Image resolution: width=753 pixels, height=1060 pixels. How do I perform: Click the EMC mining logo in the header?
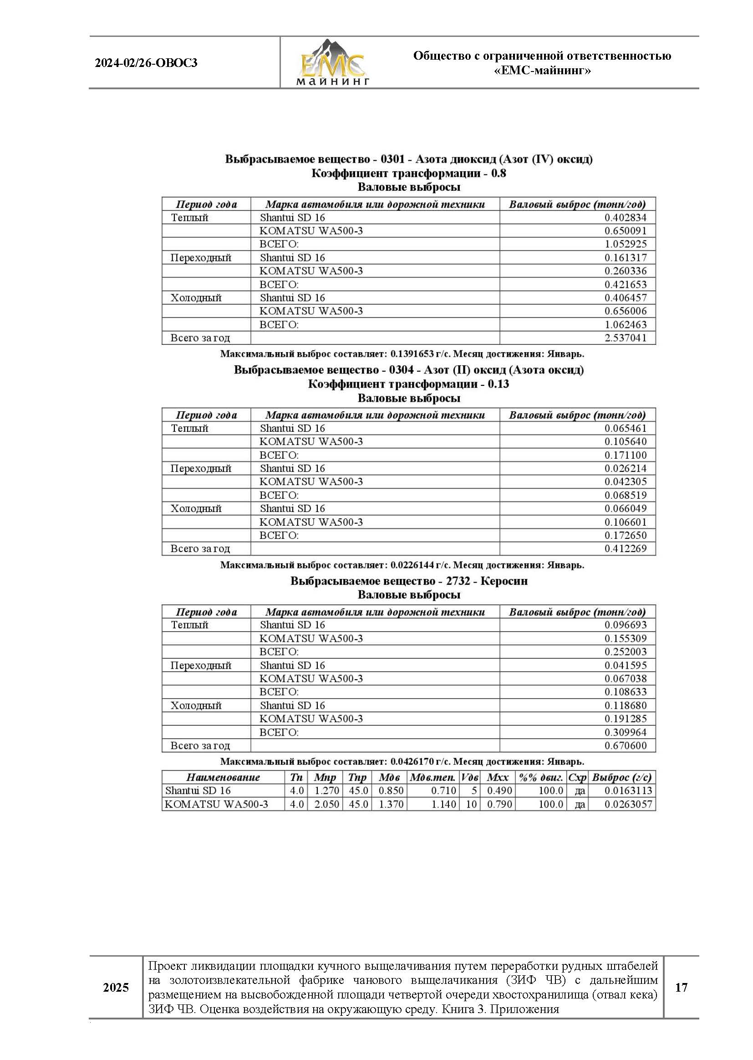[x=332, y=62]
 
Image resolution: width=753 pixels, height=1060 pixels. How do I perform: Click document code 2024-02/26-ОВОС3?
[x=146, y=63]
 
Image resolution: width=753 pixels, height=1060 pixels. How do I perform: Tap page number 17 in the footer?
[x=681, y=987]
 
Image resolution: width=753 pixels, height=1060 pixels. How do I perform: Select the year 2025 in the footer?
[x=116, y=987]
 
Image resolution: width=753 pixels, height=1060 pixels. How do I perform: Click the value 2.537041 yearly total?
[x=625, y=338]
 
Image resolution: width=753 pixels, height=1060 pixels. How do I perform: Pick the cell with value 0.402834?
[x=625, y=218]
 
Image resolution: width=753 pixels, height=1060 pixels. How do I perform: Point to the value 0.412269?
[x=625, y=548]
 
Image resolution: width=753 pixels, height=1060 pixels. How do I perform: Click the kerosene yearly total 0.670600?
[x=625, y=746]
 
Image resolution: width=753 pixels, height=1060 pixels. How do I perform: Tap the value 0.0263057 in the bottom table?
[x=628, y=804]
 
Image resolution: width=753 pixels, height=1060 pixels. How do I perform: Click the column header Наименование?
[x=223, y=778]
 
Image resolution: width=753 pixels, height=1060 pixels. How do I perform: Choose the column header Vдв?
[x=469, y=778]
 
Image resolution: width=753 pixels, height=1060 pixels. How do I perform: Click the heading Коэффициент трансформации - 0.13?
[x=408, y=384]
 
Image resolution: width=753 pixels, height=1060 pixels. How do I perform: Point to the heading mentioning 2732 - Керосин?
[x=408, y=581]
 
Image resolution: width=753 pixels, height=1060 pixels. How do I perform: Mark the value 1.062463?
[x=625, y=324]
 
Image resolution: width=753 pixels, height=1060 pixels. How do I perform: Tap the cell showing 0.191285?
[x=625, y=718]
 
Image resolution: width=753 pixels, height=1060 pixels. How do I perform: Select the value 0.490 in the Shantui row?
[x=499, y=790]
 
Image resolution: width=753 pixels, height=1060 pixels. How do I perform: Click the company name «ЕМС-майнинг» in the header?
[x=542, y=71]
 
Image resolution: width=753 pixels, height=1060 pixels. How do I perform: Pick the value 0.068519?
[x=625, y=495]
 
